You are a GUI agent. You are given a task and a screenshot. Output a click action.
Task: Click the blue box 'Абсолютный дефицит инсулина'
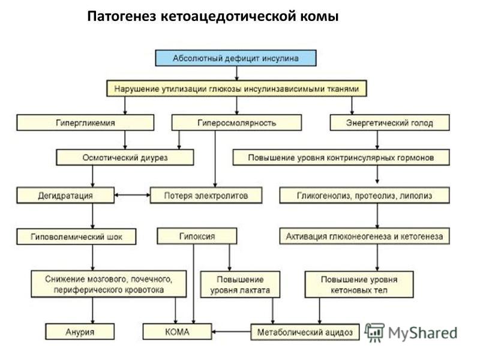[236, 58]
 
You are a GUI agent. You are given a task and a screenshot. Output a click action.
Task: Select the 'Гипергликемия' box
[85, 123]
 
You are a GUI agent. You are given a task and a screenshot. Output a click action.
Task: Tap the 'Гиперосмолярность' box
[236, 123]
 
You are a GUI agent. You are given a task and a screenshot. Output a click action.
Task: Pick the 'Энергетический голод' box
[389, 123]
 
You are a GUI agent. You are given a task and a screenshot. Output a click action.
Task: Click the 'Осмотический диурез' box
[125, 157]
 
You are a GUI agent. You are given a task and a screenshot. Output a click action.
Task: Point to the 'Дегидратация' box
[65, 196]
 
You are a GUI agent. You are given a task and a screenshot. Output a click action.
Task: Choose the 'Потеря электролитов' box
[206, 196]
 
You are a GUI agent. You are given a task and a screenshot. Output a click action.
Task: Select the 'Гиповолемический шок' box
[76, 236]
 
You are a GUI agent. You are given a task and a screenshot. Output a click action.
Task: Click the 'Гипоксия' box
[197, 236]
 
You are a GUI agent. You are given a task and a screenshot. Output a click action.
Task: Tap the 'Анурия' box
[80, 332]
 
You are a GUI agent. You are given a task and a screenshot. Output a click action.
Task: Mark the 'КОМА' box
[177, 332]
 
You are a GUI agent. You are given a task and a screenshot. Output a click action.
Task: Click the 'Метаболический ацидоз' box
[305, 332]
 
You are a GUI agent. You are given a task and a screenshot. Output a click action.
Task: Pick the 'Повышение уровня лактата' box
[240, 284]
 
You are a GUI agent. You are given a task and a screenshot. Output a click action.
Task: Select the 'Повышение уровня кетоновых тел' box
[359, 284]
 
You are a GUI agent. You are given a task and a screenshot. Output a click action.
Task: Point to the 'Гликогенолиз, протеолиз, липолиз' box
[365, 196]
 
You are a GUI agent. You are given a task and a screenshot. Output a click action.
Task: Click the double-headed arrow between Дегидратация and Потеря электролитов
[132, 195]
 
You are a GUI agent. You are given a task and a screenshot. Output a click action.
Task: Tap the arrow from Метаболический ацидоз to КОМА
[231, 332]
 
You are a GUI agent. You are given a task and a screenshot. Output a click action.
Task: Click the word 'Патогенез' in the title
[122, 17]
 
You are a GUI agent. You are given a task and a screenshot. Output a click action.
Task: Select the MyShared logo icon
[374, 333]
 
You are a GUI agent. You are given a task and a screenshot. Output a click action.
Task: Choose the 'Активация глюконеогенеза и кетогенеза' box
[365, 236]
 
